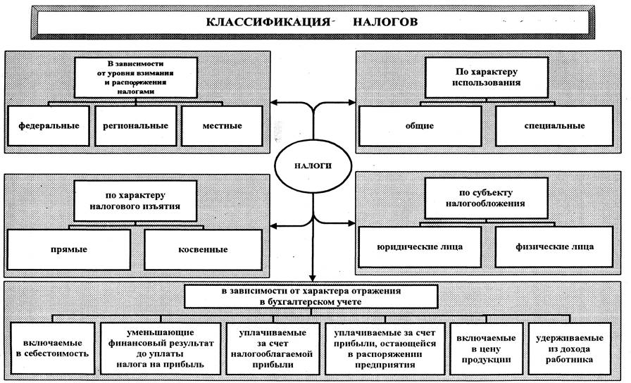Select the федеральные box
point(49,125)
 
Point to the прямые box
point(70,249)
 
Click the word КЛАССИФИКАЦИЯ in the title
point(268,22)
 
